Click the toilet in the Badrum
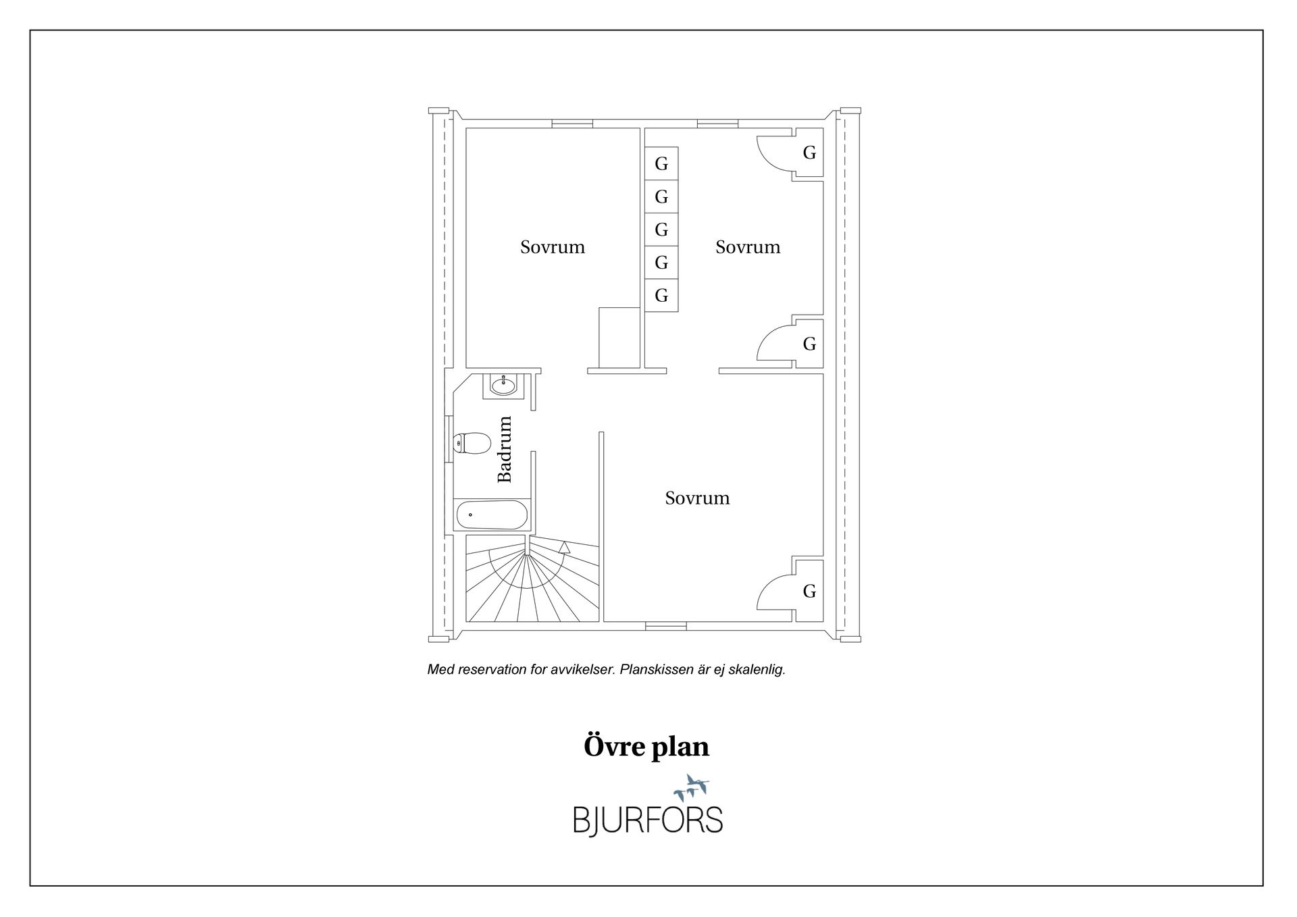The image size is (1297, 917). [472, 443]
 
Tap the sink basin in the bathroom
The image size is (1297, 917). [503, 386]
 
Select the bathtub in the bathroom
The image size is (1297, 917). [492, 515]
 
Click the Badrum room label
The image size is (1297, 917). [505, 449]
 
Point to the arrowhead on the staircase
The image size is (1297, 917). [565, 547]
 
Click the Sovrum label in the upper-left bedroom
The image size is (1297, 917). [553, 247]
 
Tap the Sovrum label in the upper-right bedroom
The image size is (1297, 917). [748, 247]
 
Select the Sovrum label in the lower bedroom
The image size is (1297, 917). [697, 498]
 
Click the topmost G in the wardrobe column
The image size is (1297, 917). [661, 163]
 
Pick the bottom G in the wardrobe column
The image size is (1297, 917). [661, 295]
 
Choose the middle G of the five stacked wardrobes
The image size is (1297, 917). [661, 230]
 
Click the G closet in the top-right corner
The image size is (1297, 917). [809, 153]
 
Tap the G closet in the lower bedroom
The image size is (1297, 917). [809, 592]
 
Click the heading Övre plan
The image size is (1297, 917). [646, 746]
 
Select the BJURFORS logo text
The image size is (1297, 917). [648, 820]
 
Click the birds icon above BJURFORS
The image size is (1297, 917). [691, 787]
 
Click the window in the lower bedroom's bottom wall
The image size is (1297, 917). [665, 626]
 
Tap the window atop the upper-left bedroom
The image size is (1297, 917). [572, 124]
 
